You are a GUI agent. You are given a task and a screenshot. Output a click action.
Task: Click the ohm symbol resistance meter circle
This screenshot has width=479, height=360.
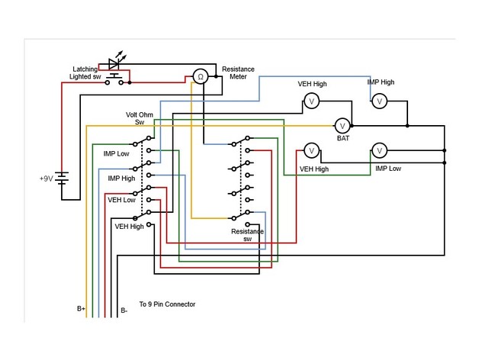point(200,76)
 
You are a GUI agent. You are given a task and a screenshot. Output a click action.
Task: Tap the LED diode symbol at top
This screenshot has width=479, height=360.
point(116,63)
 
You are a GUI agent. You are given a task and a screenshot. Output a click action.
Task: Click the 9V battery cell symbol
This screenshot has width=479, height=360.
point(66,178)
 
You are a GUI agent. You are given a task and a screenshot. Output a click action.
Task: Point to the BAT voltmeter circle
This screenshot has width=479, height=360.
point(342,124)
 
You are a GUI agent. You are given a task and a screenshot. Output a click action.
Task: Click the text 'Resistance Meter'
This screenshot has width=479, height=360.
point(238,72)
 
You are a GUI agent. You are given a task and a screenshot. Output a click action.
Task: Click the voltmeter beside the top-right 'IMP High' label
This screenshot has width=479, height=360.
point(378,100)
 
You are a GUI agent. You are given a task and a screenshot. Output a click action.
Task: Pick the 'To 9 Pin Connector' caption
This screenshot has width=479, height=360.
point(167,304)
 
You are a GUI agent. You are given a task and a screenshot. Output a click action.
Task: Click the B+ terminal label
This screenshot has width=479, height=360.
point(81,310)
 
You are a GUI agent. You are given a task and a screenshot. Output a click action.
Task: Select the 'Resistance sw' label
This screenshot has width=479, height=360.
point(247,234)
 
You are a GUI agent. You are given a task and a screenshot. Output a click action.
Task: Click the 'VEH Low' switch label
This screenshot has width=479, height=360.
point(121,200)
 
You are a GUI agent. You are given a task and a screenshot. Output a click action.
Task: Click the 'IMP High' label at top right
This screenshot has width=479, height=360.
point(381,82)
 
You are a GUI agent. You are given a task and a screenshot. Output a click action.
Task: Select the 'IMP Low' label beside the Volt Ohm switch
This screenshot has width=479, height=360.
point(116,153)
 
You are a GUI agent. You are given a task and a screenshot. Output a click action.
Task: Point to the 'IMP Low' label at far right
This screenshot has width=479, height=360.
point(388,168)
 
